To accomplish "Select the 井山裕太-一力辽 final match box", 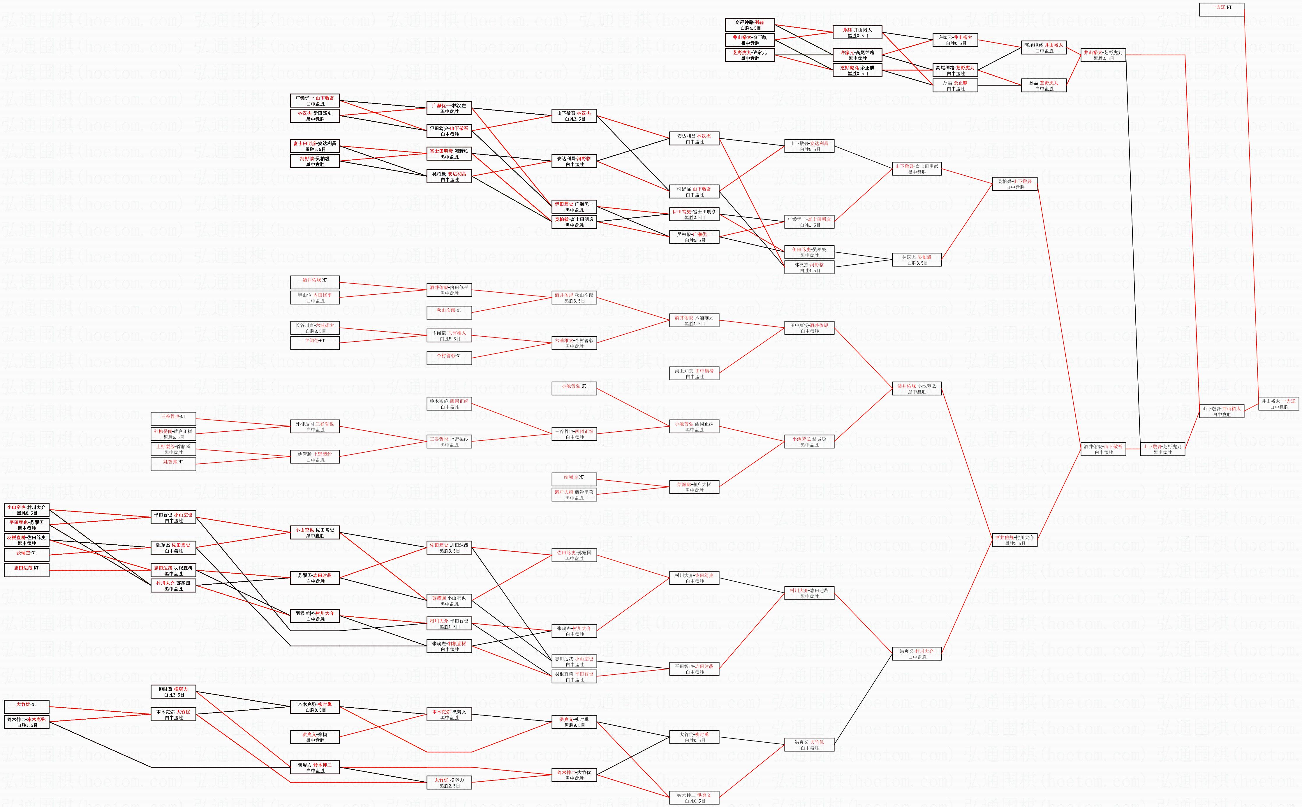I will pos(1278,403).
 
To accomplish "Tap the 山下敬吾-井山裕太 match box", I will pos(1222,411).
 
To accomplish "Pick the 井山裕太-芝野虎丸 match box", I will pos(1103,55).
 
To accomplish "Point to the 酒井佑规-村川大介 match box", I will pos(1014,540).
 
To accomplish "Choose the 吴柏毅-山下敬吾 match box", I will pos(1014,184).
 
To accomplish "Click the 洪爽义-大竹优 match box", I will pos(809,745).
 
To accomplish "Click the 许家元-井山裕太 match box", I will pos(955,40).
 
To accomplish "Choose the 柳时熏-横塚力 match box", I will pos(173,692).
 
